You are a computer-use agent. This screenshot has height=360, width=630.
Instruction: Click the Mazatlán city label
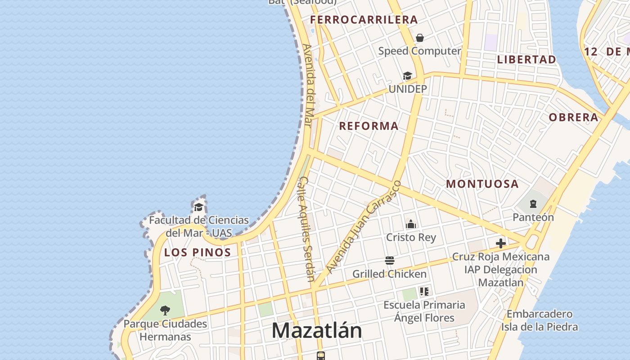point(317,331)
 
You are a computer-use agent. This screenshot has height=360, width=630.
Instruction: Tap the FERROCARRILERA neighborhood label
point(364,20)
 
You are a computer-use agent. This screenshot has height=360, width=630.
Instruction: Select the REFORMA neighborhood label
point(369,126)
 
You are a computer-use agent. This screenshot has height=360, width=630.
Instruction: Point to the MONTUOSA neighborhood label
point(482,184)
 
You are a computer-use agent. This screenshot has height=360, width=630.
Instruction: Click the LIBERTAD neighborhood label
point(526,59)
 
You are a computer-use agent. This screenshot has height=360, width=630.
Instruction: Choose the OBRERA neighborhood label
point(573,117)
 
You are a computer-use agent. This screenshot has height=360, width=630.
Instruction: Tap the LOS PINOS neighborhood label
point(198,252)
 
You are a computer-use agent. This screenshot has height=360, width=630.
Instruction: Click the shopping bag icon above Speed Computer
point(420,38)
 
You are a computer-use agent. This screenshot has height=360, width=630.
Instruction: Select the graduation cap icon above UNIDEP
point(407,76)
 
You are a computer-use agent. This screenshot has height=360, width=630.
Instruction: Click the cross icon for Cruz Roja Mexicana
point(501,244)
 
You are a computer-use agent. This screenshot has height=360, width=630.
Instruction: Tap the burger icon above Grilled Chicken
point(390,261)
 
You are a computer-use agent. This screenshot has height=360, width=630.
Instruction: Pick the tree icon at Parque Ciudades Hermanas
point(165,310)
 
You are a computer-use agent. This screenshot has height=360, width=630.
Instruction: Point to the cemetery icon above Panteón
point(533,204)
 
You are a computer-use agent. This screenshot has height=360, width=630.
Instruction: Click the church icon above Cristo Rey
point(411,224)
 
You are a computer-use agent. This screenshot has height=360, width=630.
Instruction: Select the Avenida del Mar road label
point(308,85)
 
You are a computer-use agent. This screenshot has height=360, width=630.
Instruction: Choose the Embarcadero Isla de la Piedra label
point(540,320)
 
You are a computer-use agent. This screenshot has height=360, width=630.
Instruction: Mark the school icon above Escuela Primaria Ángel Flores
point(424,292)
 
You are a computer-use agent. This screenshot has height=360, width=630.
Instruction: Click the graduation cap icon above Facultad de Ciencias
point(198,207)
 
